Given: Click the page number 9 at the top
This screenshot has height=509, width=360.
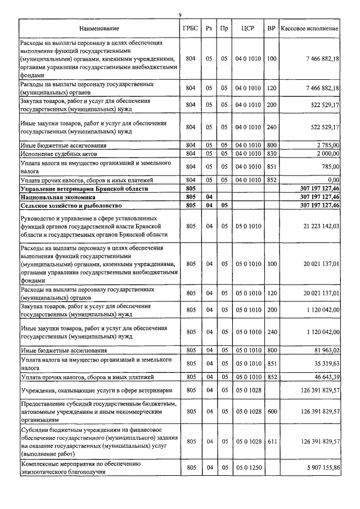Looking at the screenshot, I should pos(180,15).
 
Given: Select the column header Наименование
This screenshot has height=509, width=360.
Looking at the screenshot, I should pos(99,28).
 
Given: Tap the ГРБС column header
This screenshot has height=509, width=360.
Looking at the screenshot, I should pos(190,28).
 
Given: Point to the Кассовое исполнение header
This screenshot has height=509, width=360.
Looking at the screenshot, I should pos(309,28).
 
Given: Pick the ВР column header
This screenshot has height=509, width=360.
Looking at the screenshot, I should pos(272,28).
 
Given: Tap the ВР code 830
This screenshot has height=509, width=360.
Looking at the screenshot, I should pos(272,153).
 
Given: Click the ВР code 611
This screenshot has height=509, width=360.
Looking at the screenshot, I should pos(272,442).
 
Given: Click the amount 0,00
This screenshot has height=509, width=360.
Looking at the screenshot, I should pos(332,179).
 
